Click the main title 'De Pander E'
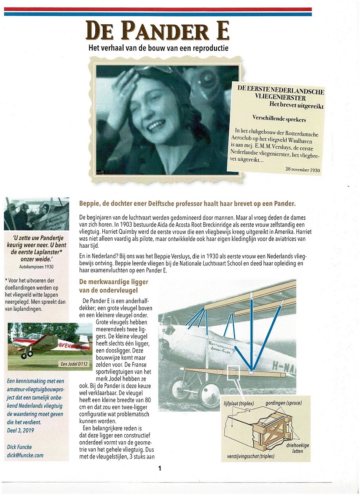(158, 31)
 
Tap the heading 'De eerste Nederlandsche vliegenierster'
(280, 94)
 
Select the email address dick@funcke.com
(25, 455)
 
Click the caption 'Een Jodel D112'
(74, 364)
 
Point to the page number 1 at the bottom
(160, 468)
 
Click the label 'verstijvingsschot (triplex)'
(251, 457)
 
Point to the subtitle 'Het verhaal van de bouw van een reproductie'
(158, 48)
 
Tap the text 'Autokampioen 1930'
(36, 266)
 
